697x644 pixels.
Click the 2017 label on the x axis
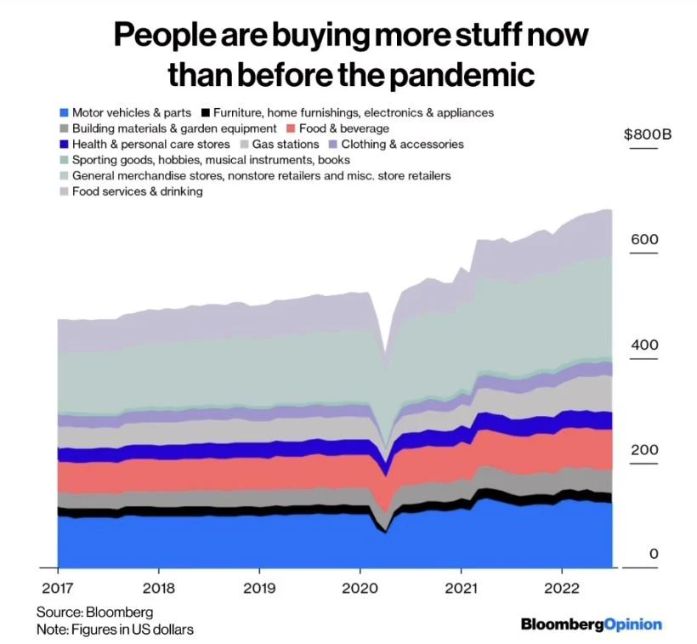(x=57, y=587)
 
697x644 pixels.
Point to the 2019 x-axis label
(x=259, y=587)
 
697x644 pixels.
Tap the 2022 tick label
(x=562, y=587)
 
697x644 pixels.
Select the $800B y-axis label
(x=648, y=134)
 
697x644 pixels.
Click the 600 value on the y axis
(x=644, y=239)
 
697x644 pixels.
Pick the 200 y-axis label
(x=644, y=449)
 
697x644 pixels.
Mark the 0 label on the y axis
(x=654, y=554)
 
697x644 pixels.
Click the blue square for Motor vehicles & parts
(x=64, y=112)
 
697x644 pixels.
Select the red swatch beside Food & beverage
(x=290, y=128)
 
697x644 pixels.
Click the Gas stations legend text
(x=282, y=145)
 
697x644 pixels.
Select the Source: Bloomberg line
(x=94, y=612)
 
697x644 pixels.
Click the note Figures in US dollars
(x=115, y=630)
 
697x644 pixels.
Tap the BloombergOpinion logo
(x=591, y=624)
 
